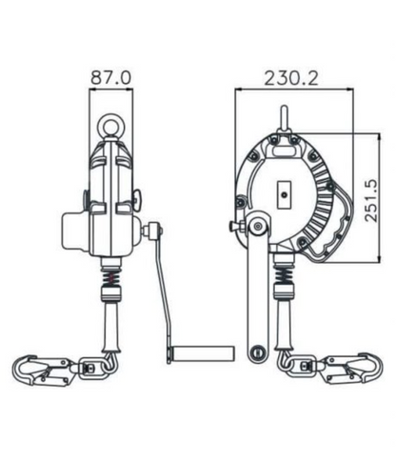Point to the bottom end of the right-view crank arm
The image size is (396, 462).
coord(256,353)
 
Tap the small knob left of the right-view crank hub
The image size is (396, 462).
coord(234,227)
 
